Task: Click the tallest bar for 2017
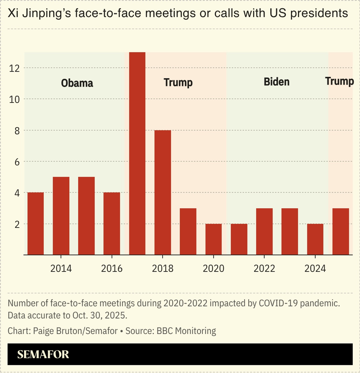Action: point(137,153)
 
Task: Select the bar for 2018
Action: point(162,192)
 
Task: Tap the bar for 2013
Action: point(36,224)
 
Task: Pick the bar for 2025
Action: point(341,231)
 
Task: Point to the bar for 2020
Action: point(213,239)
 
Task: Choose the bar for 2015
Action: point(86,216)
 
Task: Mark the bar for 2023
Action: point(290,231)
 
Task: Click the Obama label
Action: point(77,83)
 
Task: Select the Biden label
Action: point(277,82)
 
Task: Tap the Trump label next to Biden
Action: point(339,81)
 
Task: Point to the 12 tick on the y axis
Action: point(14,68)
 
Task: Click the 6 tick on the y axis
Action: point(17,162)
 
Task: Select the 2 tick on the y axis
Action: point(17,224)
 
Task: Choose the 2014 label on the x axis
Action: point(61,269)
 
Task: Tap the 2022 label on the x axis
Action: point(264,269)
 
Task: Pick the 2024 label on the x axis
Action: point(315,269)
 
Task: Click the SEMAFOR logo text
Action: point(43,354)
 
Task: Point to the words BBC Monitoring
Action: point(186,331)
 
